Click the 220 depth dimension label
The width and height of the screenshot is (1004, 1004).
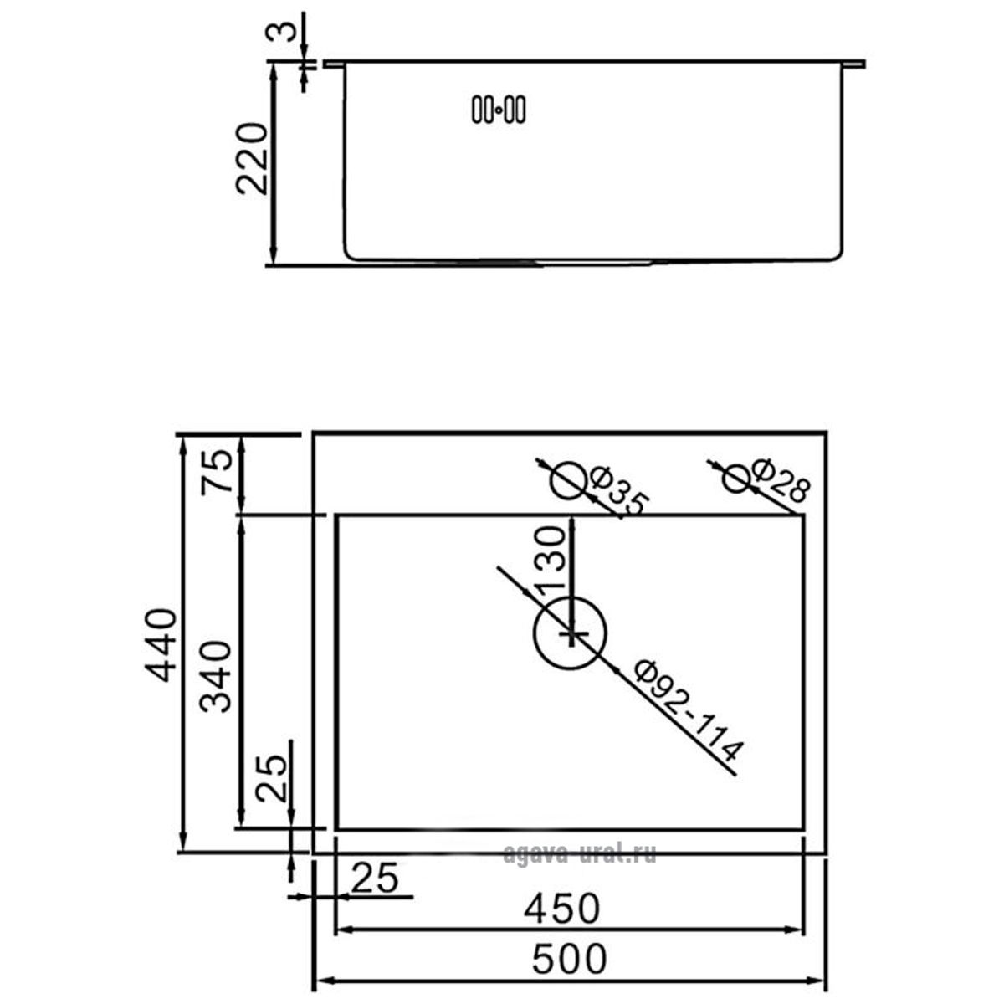[x=252, y=158]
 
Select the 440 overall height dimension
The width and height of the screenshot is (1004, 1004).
[x=161, y=645]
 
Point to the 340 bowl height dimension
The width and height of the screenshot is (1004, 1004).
[x=215, y=677]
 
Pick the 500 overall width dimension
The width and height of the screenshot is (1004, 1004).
[x=569, y=958]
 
